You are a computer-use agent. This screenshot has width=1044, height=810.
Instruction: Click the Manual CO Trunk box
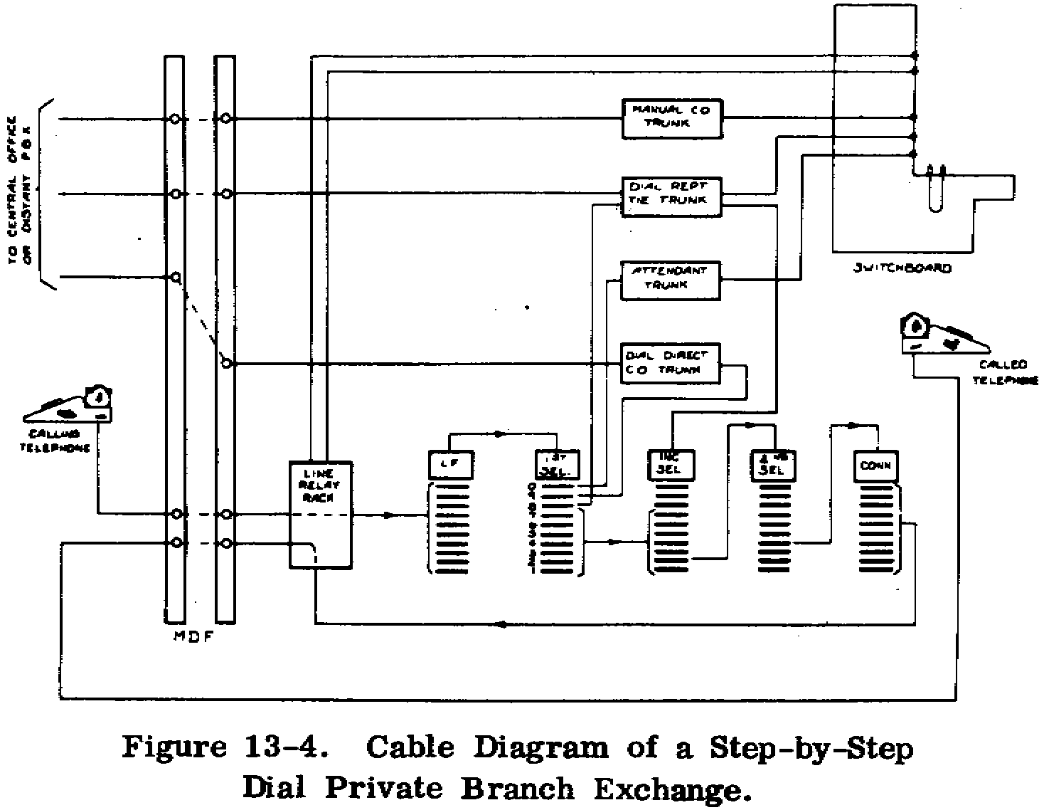tap(671, 118)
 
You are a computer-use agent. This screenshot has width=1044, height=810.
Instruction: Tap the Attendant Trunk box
tap(671, 279)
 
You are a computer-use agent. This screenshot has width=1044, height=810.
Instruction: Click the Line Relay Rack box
tap(321, 514)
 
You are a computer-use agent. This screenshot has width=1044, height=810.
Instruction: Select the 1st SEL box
tap(558, 464)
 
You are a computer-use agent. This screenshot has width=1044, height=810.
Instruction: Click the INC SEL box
tap(670, 464)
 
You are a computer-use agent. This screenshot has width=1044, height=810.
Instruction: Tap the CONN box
tap(875, 466)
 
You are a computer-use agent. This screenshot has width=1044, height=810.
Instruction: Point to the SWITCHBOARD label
tap(902, 269)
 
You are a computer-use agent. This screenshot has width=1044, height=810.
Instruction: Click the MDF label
tap(193, 638)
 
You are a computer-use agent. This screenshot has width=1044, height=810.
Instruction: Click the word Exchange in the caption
tap(671, 789)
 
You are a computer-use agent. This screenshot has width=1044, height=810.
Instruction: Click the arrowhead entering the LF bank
tap(389, 515)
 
